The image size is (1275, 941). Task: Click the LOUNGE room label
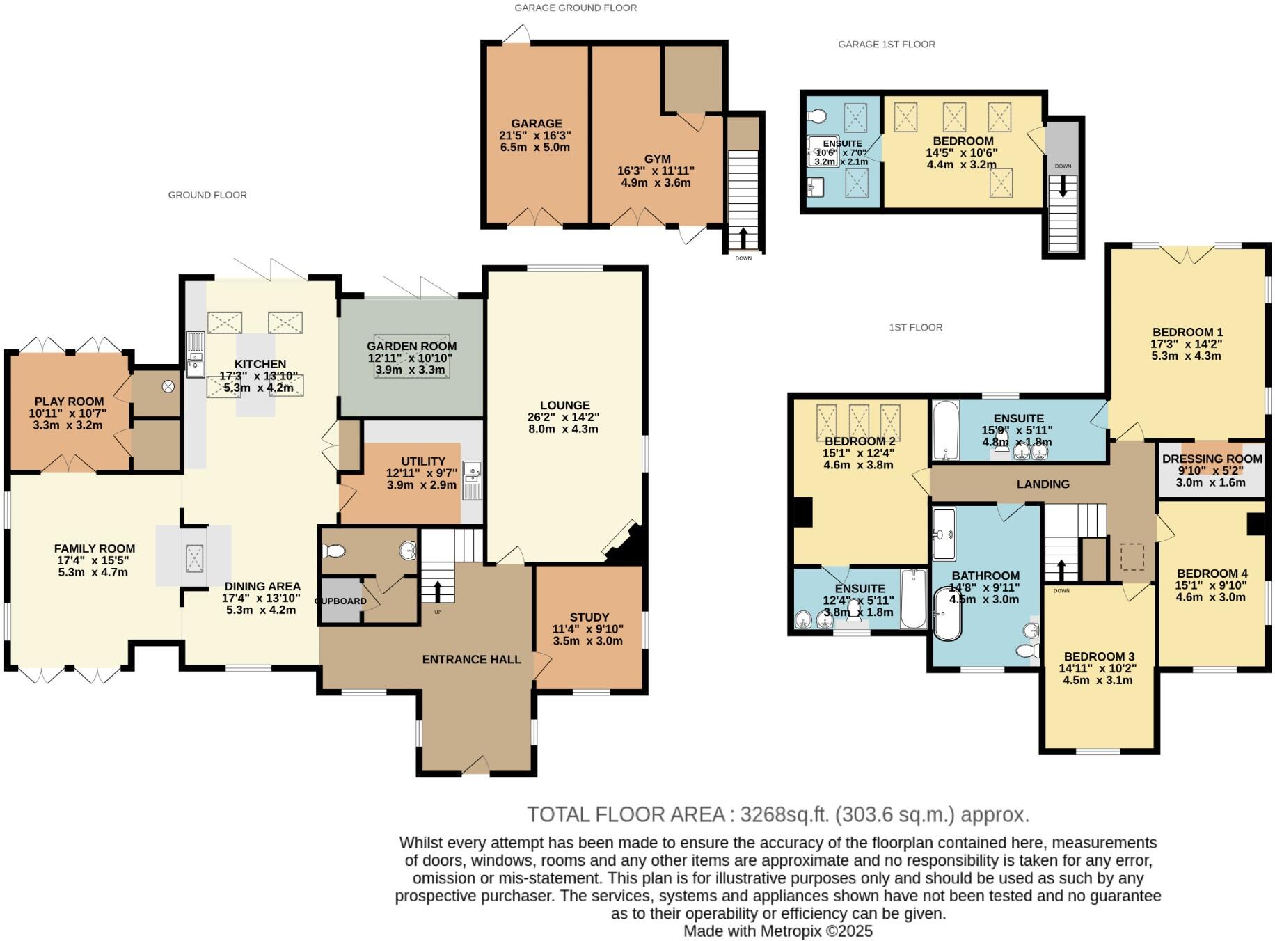pyautogui.click(x=564, y=405)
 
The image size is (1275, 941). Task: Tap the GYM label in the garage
pyautogui.click(x=657, y=159)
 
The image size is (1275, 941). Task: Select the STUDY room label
pyautogui.click(x=589, y=617)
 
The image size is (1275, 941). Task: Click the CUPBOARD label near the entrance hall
pyautogui.click(x=340, y=601)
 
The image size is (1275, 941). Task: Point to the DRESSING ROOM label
pyautogui.click(x=1212, y=459)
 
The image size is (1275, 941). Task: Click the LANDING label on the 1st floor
pyautogui.click(x=1043, y=484)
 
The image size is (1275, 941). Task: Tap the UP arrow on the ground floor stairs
pyautogui.click(x=438, y=591)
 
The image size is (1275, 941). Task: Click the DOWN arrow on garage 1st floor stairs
pyautogui.click(x=1063, y=187)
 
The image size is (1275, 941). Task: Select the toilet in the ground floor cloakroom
pyautogui.click(x=334, y=551)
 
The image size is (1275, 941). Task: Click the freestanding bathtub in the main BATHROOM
pyautogui.click(x=947, y=613)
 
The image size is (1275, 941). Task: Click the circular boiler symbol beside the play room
pyautogui.click(x=168, y=386)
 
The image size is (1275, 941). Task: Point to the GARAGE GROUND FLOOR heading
pyautogui.click(x=576, y=8)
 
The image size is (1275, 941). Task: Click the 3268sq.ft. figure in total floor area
pyautogui.click(x=784, y=814)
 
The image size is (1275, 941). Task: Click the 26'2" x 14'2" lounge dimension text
pyautogui.click(x=563, y=417)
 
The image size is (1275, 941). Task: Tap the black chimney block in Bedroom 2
pyautogui.click(x=803, y=512)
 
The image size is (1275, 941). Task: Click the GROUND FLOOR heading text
pyautogui.click(x=207, y=195)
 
